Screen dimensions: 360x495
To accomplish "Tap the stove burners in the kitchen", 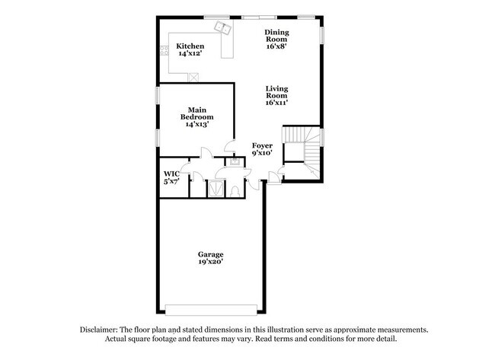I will tap(162, 52).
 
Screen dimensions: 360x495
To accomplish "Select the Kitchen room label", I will tap(190, 46).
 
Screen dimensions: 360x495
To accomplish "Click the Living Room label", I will tap(276, 95).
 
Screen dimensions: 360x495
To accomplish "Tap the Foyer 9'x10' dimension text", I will tap(262, 153).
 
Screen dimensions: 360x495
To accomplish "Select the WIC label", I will tap(171, 175).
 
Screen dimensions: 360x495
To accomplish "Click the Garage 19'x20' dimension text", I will tap(210, 261).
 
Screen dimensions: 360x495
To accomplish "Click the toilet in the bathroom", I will tap(235, 188).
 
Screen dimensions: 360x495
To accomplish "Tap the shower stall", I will tap(216, 187).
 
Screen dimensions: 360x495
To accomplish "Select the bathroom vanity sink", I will tap(236, 162).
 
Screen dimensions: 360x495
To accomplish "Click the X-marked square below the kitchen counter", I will tap(193, 77).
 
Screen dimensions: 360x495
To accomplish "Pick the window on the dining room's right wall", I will tap(322, 36).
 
